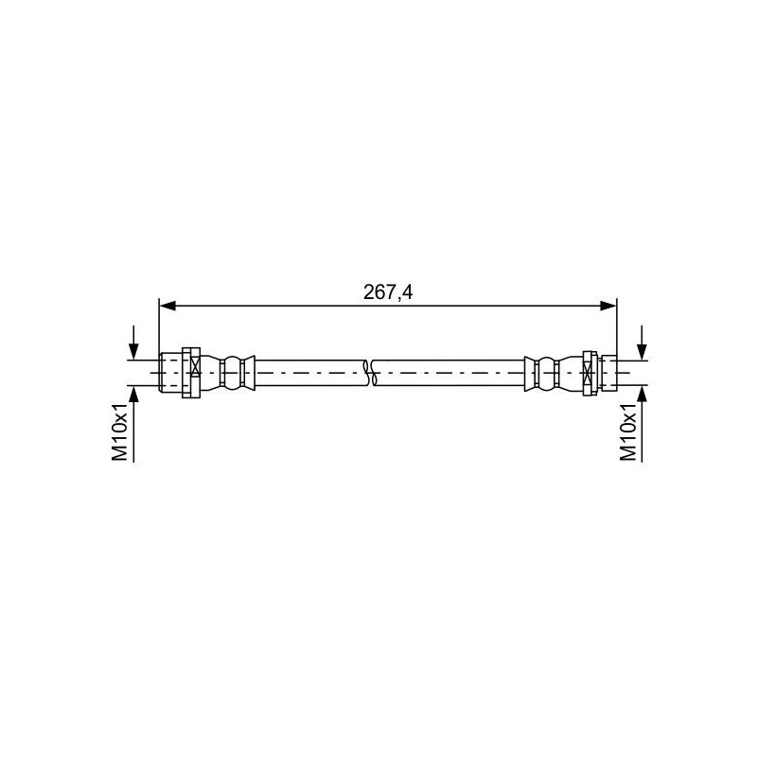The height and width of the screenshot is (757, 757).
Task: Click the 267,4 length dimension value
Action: [x=388, y=292]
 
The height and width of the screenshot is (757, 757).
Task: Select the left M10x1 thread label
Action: [x=120, y=432]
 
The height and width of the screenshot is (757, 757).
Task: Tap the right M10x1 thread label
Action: [x=628, y=432]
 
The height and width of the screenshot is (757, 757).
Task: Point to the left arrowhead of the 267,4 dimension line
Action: [x=167, y=306]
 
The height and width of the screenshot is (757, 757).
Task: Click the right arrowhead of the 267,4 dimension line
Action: [x=608, y=306]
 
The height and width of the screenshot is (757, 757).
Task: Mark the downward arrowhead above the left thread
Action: [x=133, y=351]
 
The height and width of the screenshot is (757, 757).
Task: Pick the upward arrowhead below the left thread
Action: [x=133, y=394]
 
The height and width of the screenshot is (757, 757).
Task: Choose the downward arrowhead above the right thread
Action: [x=642, y=351]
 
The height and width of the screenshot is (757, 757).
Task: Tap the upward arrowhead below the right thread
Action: [x=642, y=394]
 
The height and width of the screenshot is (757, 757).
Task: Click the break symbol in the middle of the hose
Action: [x=369, y=373]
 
